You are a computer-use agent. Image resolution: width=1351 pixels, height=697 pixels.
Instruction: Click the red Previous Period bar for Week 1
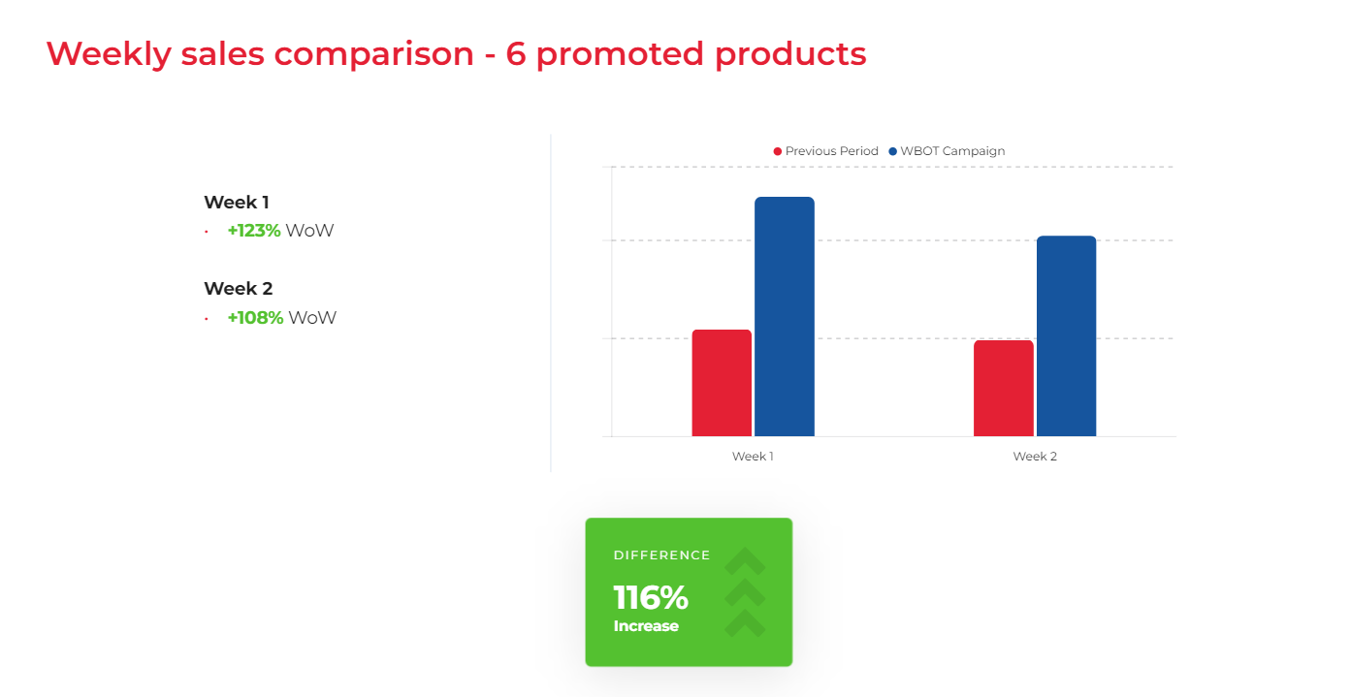[722, 383]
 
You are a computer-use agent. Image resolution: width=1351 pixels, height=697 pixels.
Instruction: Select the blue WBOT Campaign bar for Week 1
[785, 317]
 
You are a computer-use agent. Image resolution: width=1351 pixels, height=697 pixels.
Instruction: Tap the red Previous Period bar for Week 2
[1004, 388]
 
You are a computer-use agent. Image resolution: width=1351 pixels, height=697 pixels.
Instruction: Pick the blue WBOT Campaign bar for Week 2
[1066, 336]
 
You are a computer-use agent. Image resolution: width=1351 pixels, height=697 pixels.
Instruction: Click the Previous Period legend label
[831, 151]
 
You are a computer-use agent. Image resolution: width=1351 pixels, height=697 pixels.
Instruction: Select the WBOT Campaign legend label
[952, 151]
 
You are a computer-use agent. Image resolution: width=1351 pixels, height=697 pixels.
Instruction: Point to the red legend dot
[778, 151]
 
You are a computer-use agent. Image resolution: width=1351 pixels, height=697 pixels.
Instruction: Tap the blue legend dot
[892, 151]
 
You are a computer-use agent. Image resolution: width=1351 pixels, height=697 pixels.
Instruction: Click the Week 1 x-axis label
[753, 457]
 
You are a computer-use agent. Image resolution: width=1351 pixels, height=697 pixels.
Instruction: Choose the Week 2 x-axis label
[1035, 457]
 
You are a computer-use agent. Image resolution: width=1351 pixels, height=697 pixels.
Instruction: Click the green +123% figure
[254, 231]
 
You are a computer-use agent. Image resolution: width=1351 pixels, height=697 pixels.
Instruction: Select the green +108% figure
[255, 318]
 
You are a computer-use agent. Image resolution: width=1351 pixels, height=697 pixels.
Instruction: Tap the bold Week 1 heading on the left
[237, 203]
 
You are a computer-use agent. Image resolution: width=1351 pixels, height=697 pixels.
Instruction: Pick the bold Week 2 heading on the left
[239, 289]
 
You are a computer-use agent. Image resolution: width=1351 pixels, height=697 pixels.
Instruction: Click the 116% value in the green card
[651, 598]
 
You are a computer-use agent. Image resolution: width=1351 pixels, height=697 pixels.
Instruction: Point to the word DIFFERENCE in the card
[662, 555]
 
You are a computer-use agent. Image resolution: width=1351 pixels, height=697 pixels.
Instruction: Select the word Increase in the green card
[646, 626]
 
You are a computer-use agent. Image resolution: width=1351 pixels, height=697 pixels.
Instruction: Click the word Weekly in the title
[109, 53]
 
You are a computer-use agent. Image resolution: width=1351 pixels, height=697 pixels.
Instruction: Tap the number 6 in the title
[516, 53]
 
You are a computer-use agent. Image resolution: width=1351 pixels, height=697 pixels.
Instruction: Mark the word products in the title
[790, 55]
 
